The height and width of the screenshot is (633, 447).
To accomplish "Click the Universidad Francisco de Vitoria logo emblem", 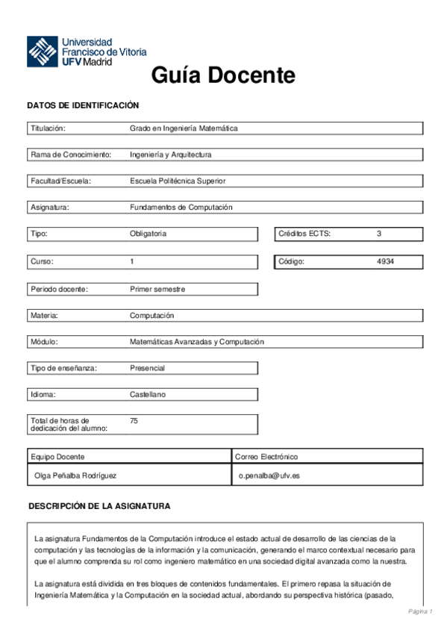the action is tap(43, 52).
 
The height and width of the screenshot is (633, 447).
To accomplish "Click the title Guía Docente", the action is tap(223, 75).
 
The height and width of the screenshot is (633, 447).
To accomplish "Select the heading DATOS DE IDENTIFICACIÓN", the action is tap(83, 106).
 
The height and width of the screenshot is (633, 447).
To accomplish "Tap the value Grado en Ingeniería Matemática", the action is tap(184, 128).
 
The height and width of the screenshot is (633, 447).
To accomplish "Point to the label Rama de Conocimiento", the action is tap(71, 155).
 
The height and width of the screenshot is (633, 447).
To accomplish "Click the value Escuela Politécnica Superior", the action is tap(178, 181).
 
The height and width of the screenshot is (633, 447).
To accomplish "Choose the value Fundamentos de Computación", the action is tap(181, 207).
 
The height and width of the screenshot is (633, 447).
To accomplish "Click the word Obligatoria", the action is tap(148, 234).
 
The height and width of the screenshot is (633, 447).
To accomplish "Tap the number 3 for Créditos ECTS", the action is tap(379, 234).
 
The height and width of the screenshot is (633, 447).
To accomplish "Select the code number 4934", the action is tap(386, 261).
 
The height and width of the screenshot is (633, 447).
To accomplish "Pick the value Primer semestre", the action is tap(157, 289).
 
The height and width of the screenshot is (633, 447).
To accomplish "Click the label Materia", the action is tap(44, 315).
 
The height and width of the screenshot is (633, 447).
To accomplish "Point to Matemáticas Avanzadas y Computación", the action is tap(197, 342).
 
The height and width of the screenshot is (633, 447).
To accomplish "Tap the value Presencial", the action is tap(147, 368).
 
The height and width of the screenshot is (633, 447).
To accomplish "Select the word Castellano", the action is tap(148, 394).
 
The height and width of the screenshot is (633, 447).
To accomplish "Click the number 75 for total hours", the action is tap(134, 421).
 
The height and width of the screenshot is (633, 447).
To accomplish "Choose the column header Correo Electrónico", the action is tap(266, 456).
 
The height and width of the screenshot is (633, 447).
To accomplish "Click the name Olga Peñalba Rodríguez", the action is tap(75, 475).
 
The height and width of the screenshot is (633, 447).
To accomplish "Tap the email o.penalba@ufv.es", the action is tap(269, 475).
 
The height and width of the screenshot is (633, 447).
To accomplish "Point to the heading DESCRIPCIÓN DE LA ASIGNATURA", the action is tap(99, 506).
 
